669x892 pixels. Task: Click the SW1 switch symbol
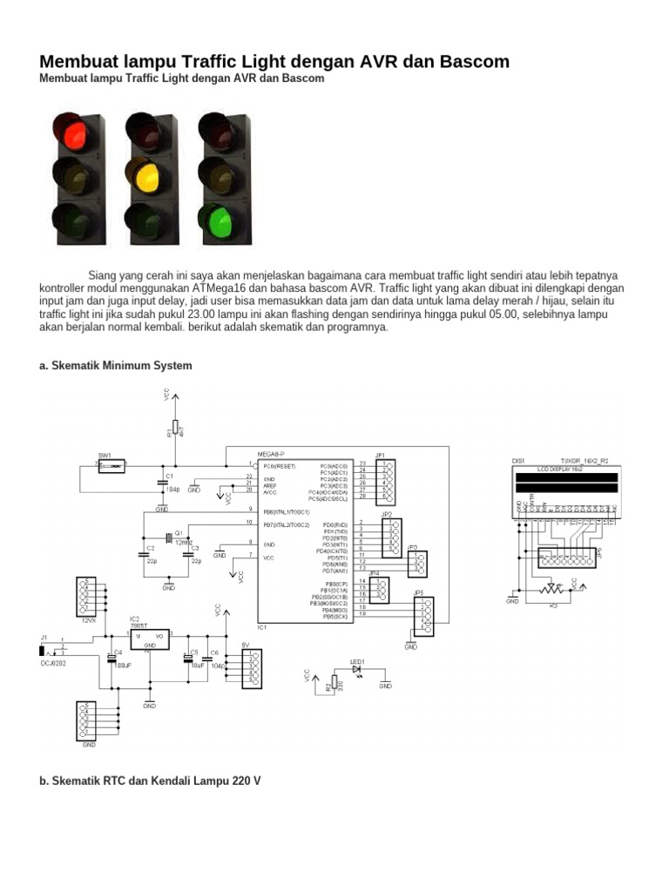pos(111,467)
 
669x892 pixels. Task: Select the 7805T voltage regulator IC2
pos(149,640)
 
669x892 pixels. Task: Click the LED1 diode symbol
pos(358,670)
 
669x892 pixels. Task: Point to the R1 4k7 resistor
pos(175,427)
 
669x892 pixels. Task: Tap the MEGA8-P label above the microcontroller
pos(271,455)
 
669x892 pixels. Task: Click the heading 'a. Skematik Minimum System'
pos(116,366)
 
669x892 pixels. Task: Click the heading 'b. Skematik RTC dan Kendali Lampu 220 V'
pos(150,781)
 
